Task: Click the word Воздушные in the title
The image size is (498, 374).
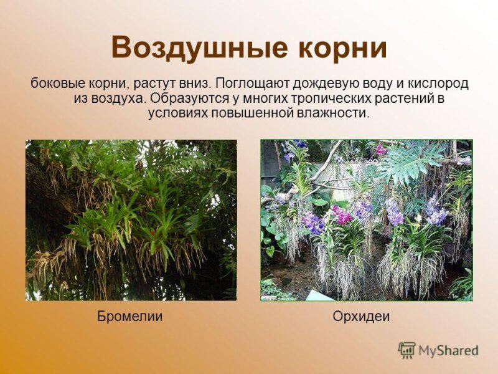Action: point(190,48)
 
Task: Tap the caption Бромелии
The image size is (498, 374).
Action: point(130,317)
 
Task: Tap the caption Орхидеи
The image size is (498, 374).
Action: point(361,317)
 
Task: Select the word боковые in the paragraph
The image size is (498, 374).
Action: point(50,84)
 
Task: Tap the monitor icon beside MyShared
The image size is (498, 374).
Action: point(406,350)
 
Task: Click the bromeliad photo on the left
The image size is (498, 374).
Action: point(131,220)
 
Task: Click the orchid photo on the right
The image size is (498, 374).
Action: point(367,220)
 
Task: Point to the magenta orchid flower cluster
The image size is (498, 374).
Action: point(341,215)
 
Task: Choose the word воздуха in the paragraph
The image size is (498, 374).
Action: point(121,98)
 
